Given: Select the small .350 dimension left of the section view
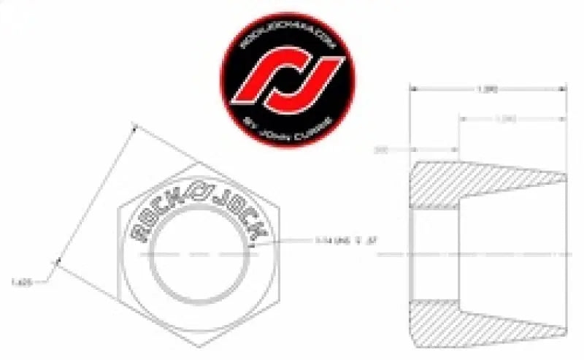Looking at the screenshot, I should [380, 150].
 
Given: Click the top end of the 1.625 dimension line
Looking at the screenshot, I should [136, 126].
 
